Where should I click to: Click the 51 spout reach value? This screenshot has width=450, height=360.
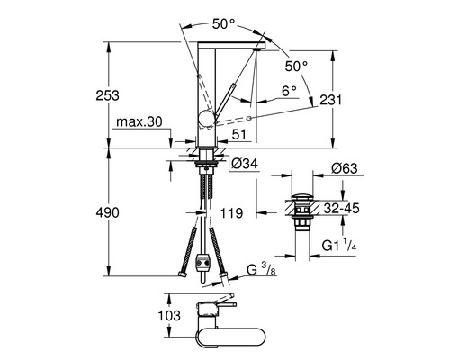[x=238, y=135]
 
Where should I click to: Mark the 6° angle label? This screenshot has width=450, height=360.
[x=288, y=90]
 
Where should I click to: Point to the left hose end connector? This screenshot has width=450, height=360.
[x=184, y=266]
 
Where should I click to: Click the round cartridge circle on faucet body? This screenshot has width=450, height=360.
[x=205, y=120]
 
